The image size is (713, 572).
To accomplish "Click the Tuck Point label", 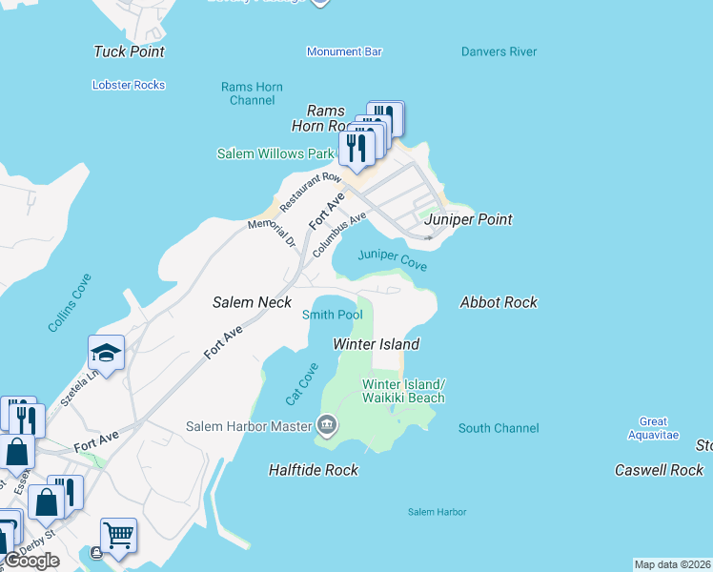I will tap(129, 51).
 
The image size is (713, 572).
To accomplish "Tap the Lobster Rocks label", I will tap(129, 85).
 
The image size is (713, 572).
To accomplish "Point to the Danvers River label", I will tap(499, 51).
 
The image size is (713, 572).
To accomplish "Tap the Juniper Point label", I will tap(468, 219).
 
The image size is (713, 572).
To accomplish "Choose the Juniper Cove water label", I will tap(392, 260).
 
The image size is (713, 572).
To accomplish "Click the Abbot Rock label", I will tap(499, 302).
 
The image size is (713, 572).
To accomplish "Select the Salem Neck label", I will tap(251, 302).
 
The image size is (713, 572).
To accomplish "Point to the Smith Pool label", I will tap(332, 315).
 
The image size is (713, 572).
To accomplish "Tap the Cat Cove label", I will tap(301, 383).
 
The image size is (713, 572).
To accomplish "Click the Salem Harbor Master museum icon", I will tap(327, 424).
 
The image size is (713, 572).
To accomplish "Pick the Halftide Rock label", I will tap(314, 470).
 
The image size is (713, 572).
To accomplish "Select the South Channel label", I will tap(499, 428).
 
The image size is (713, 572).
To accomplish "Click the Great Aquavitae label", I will tap(653, 428).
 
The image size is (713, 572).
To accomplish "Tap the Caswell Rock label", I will tap(659, 470).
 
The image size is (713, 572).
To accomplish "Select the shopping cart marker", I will tap(118, 536).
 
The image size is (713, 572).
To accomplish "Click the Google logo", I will tap(31, 561).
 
